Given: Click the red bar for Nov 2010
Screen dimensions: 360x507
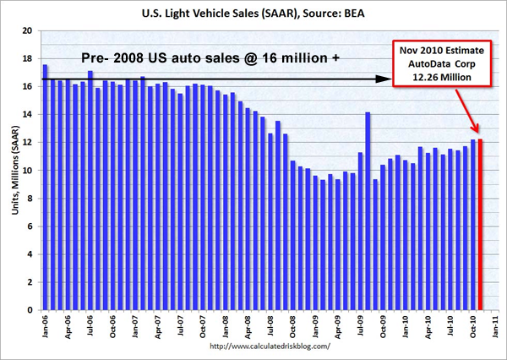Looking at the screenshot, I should (481, 224).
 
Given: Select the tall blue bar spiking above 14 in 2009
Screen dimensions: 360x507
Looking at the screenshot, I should (368, 211).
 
